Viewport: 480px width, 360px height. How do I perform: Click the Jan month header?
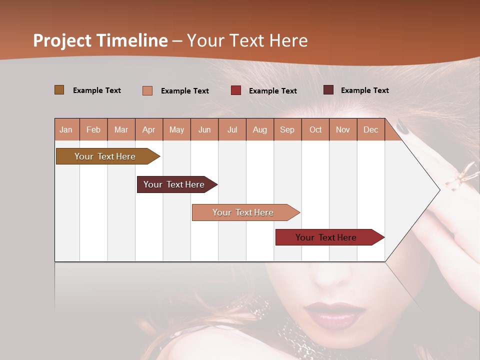tap(66, 129)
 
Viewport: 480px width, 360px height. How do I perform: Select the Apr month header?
tap(149, 129)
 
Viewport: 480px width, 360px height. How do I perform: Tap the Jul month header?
tap(232, 129)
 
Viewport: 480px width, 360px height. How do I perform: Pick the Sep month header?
tap(287, 129)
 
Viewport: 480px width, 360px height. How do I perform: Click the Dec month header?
tap(370, 129)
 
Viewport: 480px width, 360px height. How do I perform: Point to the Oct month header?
tap(315, 129)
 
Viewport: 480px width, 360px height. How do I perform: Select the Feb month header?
tap(93, 129)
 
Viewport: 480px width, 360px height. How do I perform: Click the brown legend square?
tap(59, 90)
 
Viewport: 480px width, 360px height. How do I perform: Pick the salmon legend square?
tap(147, 90)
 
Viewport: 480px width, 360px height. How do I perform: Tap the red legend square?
tap(235, 90)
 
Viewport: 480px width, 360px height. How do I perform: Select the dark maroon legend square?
tap(328, 90)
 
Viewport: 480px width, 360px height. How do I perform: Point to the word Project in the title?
tap(61, 40)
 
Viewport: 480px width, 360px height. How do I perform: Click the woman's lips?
tap(335, 313)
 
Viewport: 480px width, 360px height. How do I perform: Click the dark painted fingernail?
tap(403, 126)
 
